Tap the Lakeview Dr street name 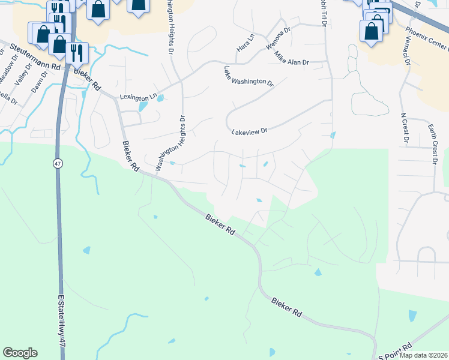(249, 130)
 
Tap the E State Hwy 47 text (61, 328)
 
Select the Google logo (20, 353)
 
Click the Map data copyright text (423, 355)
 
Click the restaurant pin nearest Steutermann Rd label (76, 52)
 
